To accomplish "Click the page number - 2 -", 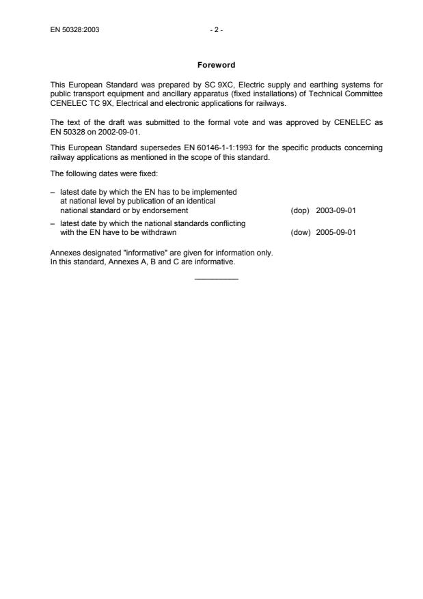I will pos(217,29).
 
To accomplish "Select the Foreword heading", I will pos(216,65).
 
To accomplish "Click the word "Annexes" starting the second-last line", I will pos(64,252).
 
